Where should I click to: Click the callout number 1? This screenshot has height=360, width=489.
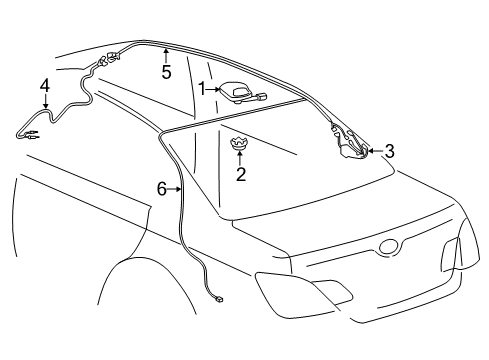(x=201, y=89)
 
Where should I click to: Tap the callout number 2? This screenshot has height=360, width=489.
(x=241, y=174)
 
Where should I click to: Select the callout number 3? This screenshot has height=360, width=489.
(x=389, y=151)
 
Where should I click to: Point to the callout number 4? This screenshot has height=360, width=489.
(x=45, y=85)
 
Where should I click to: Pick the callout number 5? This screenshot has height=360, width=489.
(x=166, y=72)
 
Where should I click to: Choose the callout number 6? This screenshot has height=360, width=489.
(x=162, y=189)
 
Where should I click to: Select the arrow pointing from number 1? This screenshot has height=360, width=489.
(x=212, y=89)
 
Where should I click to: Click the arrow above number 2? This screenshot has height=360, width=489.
(x=240, y=159)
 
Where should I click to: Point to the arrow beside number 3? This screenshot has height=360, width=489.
(x=375, y=151)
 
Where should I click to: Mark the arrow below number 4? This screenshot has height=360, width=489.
(x=45, y=101)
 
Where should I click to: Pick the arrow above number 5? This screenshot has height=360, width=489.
(x=166, y=56)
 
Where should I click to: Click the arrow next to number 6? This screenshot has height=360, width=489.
(x=174, y=189)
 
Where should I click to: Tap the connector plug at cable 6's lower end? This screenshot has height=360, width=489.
(x=219, y=299)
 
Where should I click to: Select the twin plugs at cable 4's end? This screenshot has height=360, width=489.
(x=32, y=134)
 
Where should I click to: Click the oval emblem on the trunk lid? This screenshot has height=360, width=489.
(x=389, y=247)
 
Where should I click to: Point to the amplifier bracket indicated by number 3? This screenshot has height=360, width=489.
(x=350, y=142)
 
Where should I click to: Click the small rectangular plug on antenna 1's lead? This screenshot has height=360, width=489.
(x=261, y=97)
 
